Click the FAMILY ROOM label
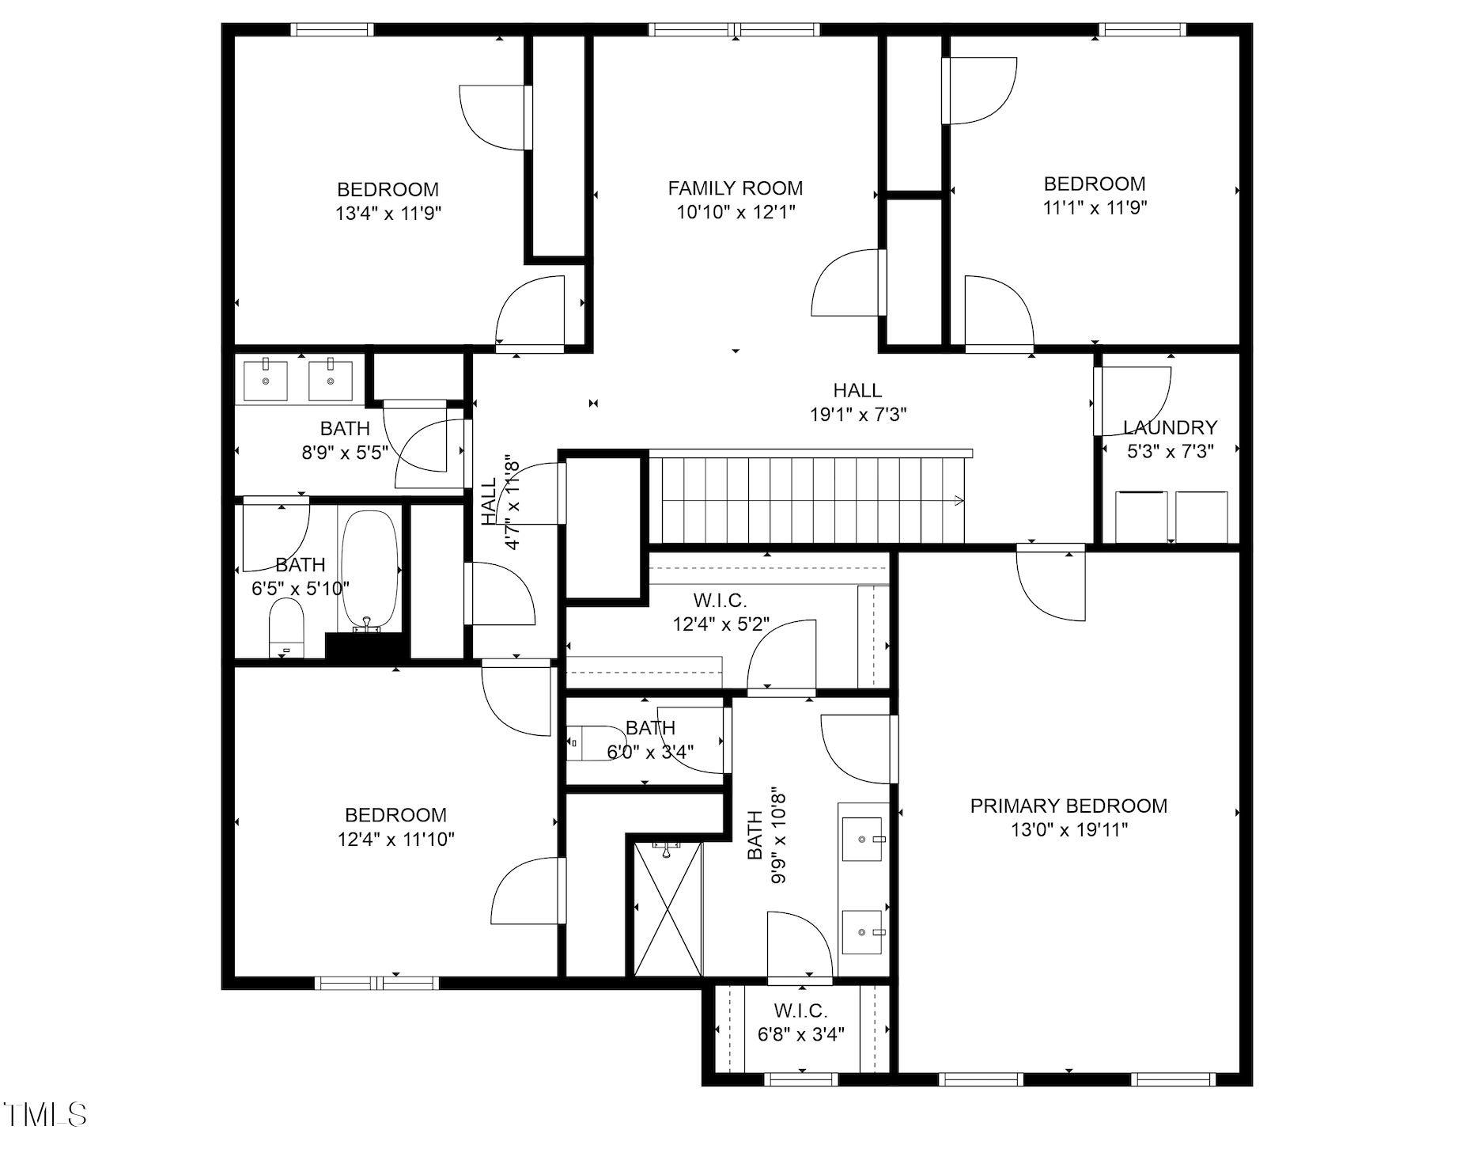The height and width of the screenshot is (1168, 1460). click(x=735, y=188)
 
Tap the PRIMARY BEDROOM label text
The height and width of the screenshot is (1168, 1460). click(x=1068, y=806)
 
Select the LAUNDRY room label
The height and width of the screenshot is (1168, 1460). click(x=1169, y=428)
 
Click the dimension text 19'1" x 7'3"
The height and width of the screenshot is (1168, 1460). click(x=857, y=414)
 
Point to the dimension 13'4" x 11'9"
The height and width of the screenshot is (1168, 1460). click(x=388, y=213)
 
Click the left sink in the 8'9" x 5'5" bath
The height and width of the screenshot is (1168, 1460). click(x=265, y=380)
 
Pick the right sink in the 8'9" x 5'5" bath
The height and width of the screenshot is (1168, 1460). click(x=330, y=380)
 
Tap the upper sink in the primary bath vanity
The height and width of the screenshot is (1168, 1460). click(x=861, y=839)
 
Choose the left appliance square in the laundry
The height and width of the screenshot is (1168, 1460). click(x=1140, y=517)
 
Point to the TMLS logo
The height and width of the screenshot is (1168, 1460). click(x=44, y=1114)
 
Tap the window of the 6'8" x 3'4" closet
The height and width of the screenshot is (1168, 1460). click(x=800, y=1079)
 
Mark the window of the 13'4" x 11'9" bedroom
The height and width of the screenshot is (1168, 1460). click(x=331, y=30)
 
